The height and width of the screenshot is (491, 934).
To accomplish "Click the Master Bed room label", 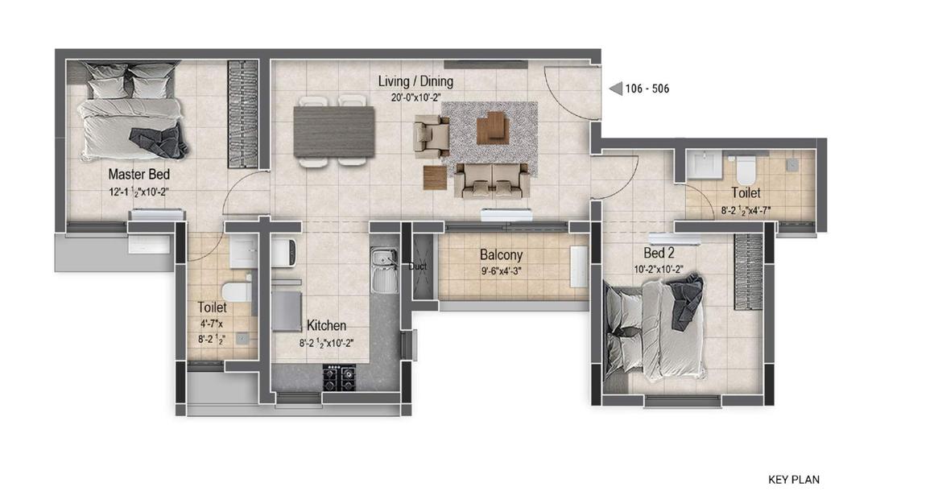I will (x=138, y=174).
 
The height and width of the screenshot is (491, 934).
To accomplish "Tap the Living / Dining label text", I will (x=415, y=81).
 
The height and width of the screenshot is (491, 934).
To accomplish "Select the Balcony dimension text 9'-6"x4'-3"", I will (x=502, y=271).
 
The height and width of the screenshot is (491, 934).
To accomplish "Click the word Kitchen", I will (x=326, y=326).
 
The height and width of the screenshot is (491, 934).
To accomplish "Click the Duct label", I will (x=418, y=266).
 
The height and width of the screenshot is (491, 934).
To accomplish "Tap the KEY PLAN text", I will (x=793, y=480).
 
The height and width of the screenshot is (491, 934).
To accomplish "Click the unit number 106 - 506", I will (x=647, y=89).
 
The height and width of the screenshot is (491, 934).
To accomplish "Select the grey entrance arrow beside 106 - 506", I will (x=615, y=89).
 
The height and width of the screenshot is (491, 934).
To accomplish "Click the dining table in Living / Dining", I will (x=334, y=131).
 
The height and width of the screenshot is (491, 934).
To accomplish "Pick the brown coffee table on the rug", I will (x=492, y=127).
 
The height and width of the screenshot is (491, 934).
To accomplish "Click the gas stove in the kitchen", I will (x=340, y=377).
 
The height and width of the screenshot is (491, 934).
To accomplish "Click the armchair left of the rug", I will (x=431, y=135).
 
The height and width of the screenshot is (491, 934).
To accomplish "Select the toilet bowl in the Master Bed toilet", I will (x=236, y=293).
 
